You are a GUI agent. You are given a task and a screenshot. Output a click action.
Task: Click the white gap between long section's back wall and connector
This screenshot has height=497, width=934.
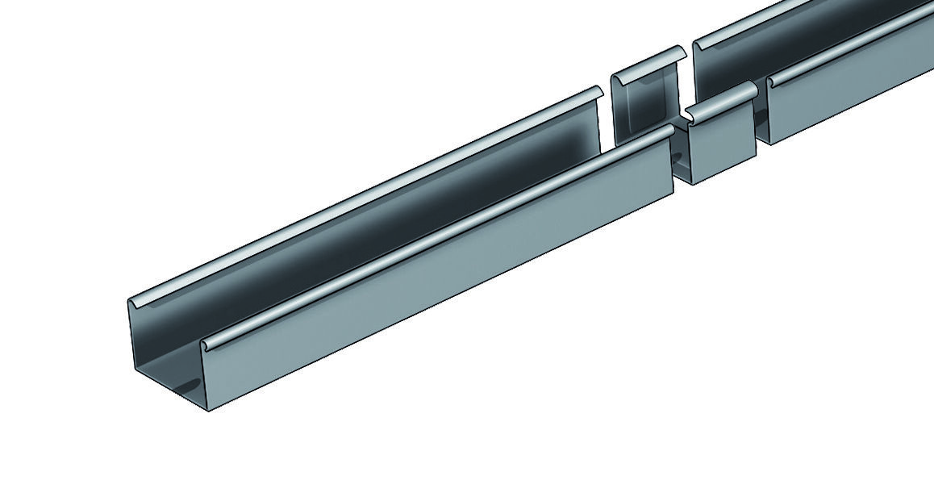point(607,121)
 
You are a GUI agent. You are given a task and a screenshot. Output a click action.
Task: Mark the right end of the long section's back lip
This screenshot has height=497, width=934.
point(598,91)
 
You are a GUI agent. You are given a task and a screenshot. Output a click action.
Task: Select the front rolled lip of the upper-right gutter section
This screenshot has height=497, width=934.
point(847,55)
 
